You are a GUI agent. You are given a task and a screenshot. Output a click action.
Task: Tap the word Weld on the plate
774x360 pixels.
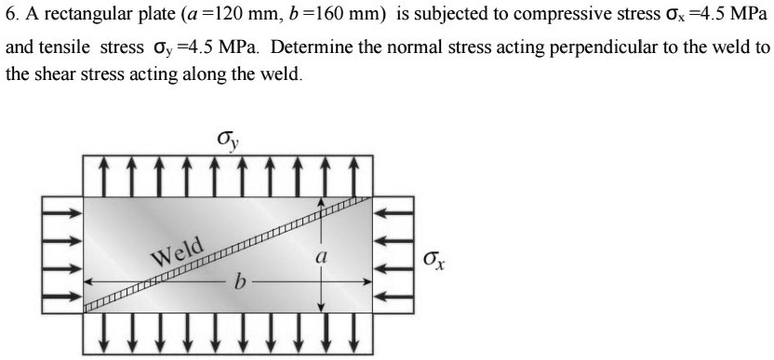[x=178, y=251]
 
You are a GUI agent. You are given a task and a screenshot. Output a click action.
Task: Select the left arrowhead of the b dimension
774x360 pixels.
[x=90, y=280]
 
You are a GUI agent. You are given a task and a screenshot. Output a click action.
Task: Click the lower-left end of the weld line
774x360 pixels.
[x=87, y=308]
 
